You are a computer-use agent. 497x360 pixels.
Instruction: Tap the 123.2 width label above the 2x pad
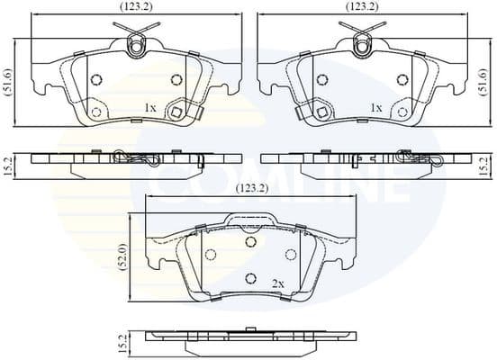pos(252,189)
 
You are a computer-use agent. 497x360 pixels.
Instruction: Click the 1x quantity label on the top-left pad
pos(149,108)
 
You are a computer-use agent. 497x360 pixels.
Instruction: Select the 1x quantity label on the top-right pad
pos(376,108)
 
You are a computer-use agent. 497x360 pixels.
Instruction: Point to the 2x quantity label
pos(278,283)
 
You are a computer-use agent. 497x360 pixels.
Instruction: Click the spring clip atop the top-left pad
pos(137,43)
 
